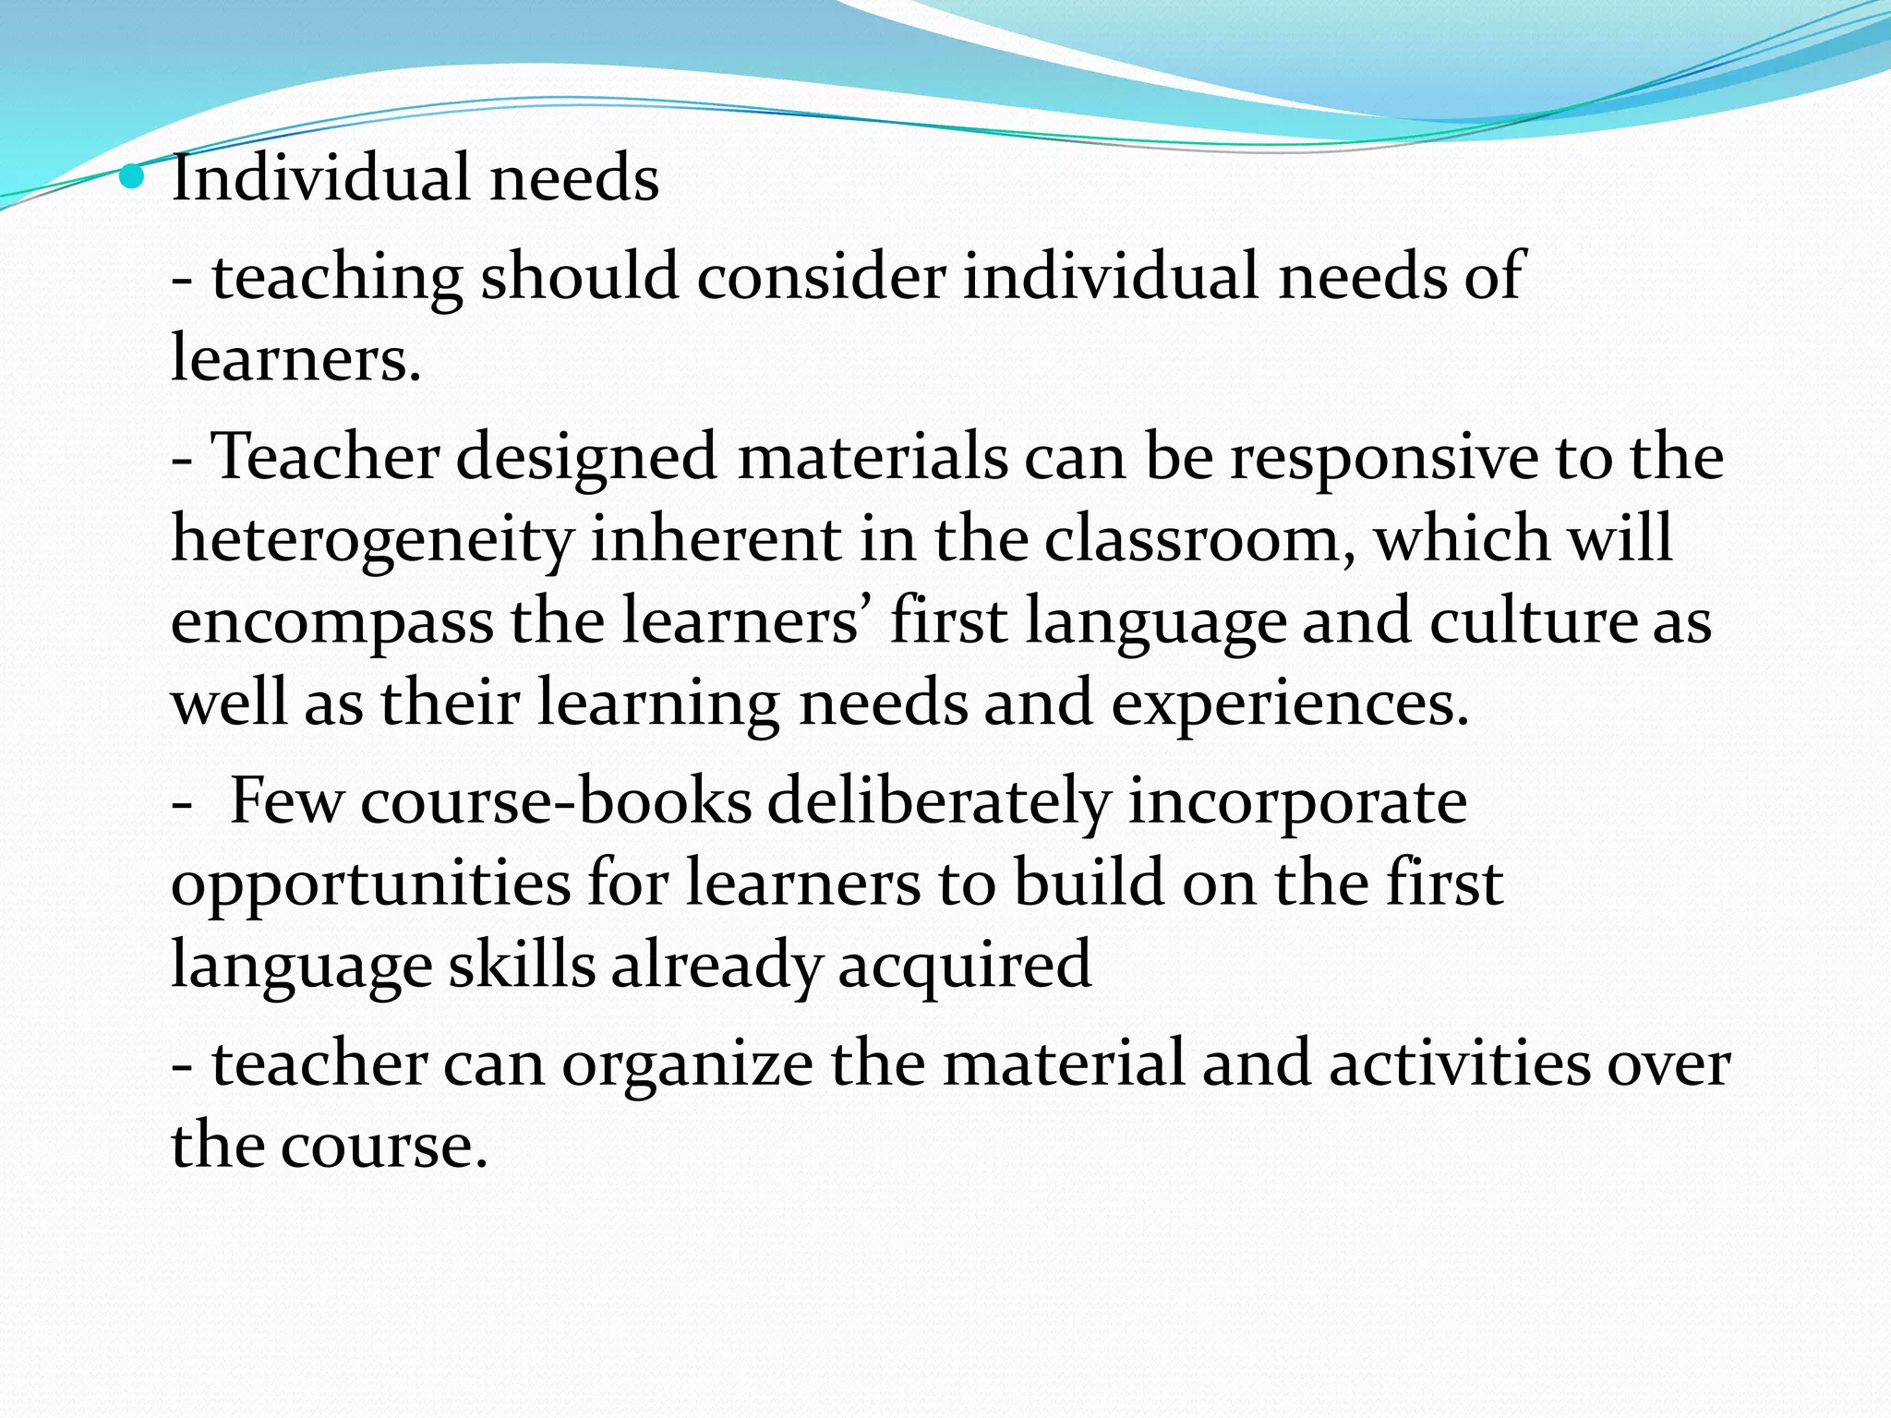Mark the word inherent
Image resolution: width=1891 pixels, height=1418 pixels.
pyautogui.click(x=715, y=540)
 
